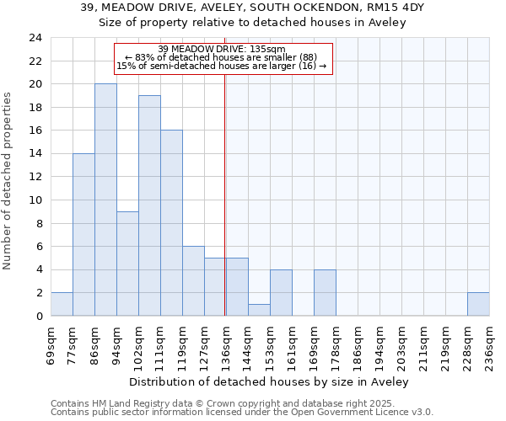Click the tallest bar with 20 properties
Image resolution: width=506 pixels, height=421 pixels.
pos(105,200)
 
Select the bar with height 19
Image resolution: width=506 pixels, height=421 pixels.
pos(149,205)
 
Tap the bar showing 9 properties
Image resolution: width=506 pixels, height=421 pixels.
pos(127,264)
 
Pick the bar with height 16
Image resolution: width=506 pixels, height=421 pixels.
pos(171,223)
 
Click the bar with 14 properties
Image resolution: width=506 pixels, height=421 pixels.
pos(83,234)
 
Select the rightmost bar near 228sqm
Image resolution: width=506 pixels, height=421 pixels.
pos(478,304)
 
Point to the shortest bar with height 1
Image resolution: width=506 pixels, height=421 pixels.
pos(259,310)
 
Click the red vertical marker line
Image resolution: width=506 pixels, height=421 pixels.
pos(225,210)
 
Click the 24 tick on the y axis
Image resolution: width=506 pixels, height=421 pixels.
pos(35,38)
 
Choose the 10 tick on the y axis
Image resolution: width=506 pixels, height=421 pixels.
pos(35,200)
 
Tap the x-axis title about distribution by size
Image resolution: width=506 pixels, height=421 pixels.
pos(270,381)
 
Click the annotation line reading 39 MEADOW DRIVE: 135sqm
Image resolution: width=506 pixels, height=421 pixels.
pos(222,49)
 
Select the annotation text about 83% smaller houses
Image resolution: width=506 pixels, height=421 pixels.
pos(221,57)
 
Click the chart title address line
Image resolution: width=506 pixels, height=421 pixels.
pos(253,8)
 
